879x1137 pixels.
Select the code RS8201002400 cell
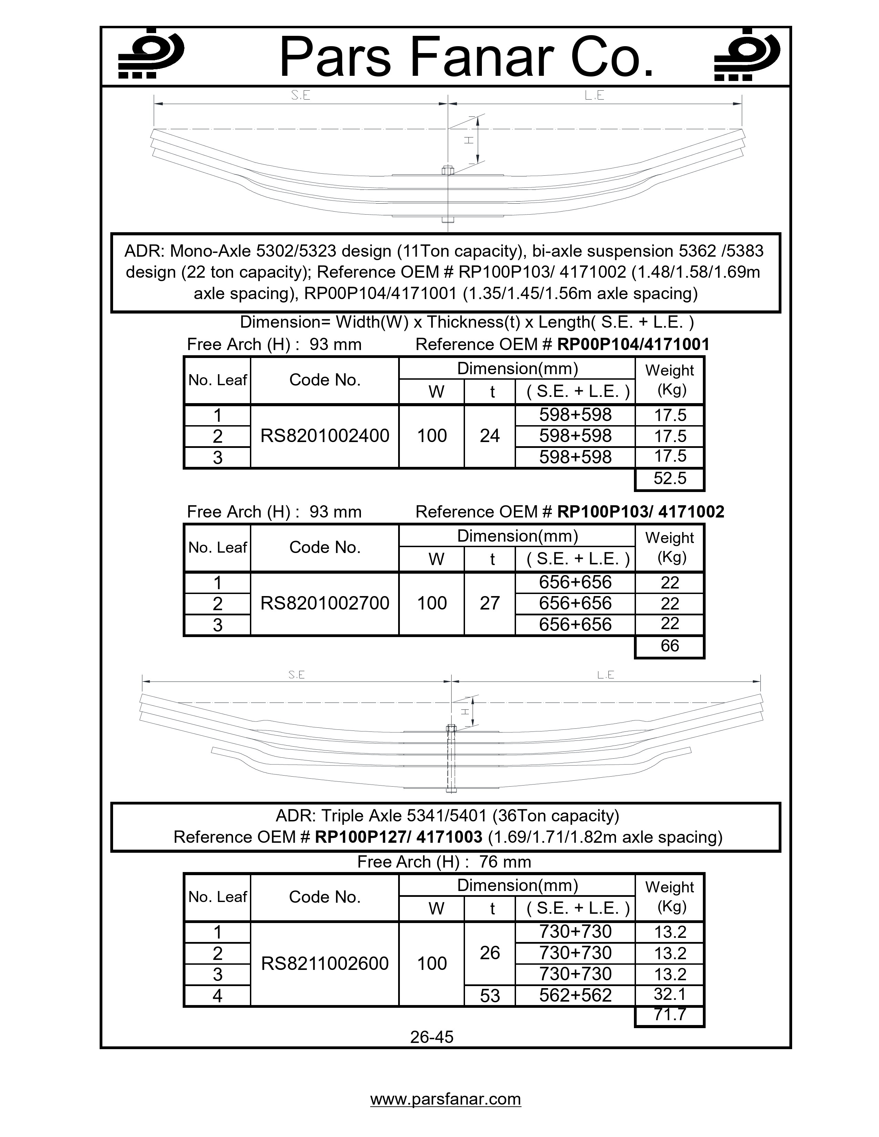324,436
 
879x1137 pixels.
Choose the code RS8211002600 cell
324,964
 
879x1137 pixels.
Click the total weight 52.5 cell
670,479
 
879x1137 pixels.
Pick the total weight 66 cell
670,646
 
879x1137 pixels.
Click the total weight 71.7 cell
670,1015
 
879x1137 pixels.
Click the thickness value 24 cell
489,436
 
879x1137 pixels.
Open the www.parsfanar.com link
445,1099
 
